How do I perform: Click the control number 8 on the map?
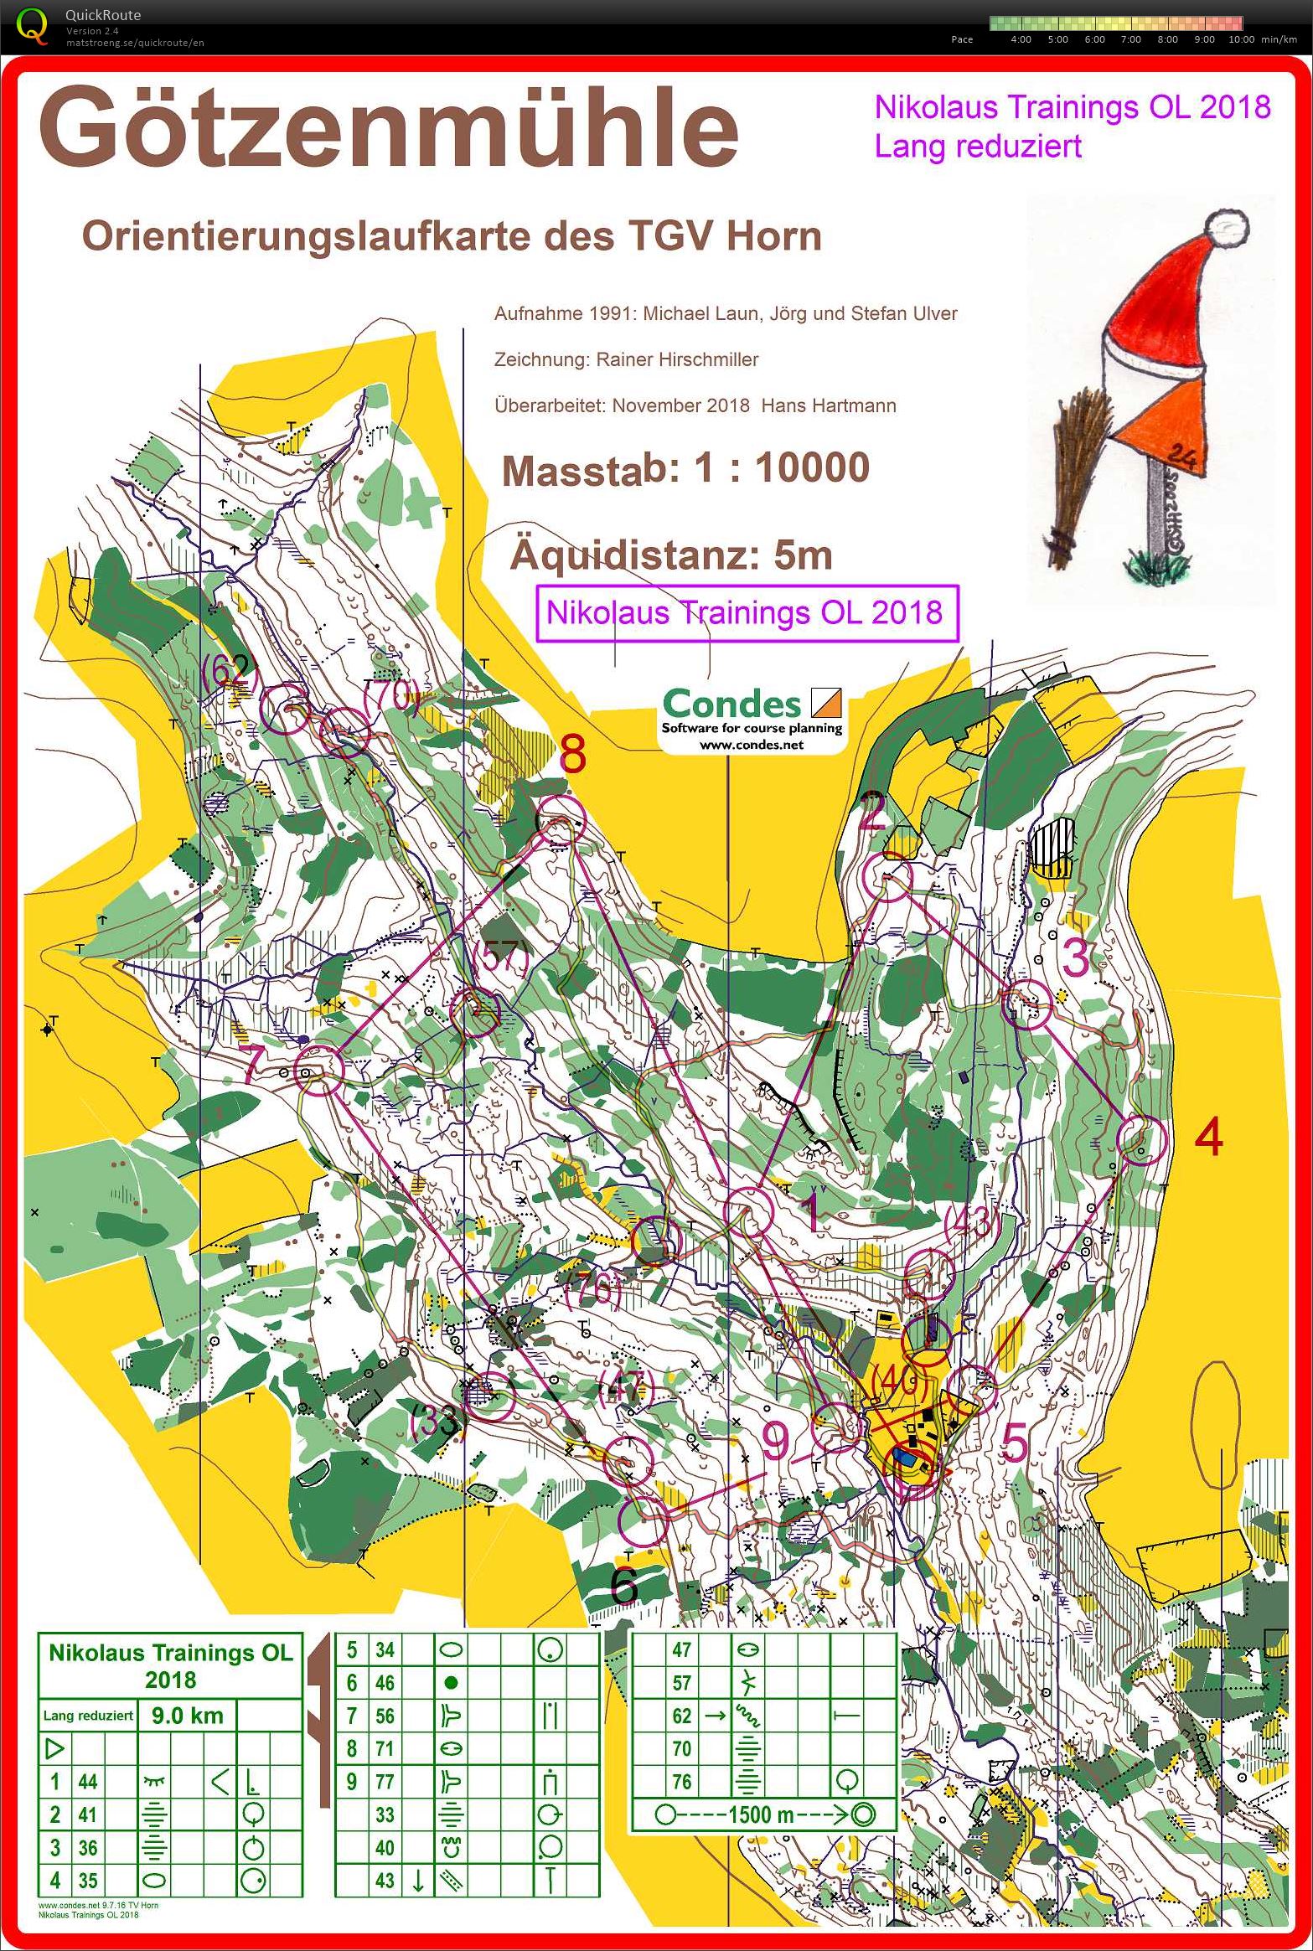coord(571,755)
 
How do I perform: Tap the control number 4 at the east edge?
coord(1207,1138)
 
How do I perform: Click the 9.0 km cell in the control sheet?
coord(187,1715)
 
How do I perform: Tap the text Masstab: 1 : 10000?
coord(685,468)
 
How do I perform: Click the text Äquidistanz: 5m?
coord(670,555)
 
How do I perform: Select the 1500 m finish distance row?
coord(762,1815)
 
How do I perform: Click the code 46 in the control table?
coord(384,1682)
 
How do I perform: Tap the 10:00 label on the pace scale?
coord(1241,39)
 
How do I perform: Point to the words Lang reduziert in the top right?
coord(978,147)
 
